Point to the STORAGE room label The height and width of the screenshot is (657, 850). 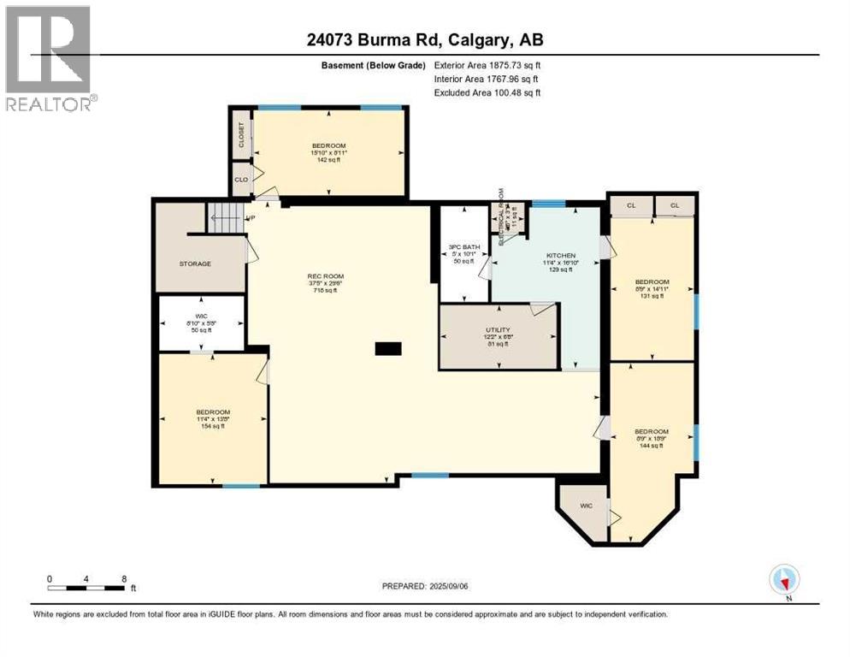pos(195,263)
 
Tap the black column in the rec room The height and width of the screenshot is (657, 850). pos(387,348)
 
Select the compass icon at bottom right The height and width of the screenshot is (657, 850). pos(784,580)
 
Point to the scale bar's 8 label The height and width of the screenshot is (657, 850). pos(125,579)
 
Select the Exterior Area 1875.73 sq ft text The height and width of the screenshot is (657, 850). pos(487,65)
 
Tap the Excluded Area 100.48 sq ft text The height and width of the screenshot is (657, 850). pos(487,92)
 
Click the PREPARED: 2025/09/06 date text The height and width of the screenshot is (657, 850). pos(427,586)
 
